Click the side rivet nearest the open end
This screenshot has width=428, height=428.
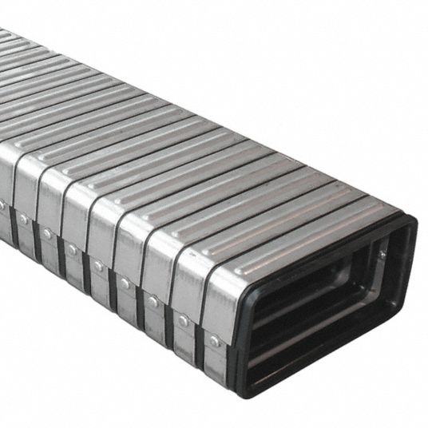click(215, 339)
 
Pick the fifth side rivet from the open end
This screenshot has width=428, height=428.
click(97, 266)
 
